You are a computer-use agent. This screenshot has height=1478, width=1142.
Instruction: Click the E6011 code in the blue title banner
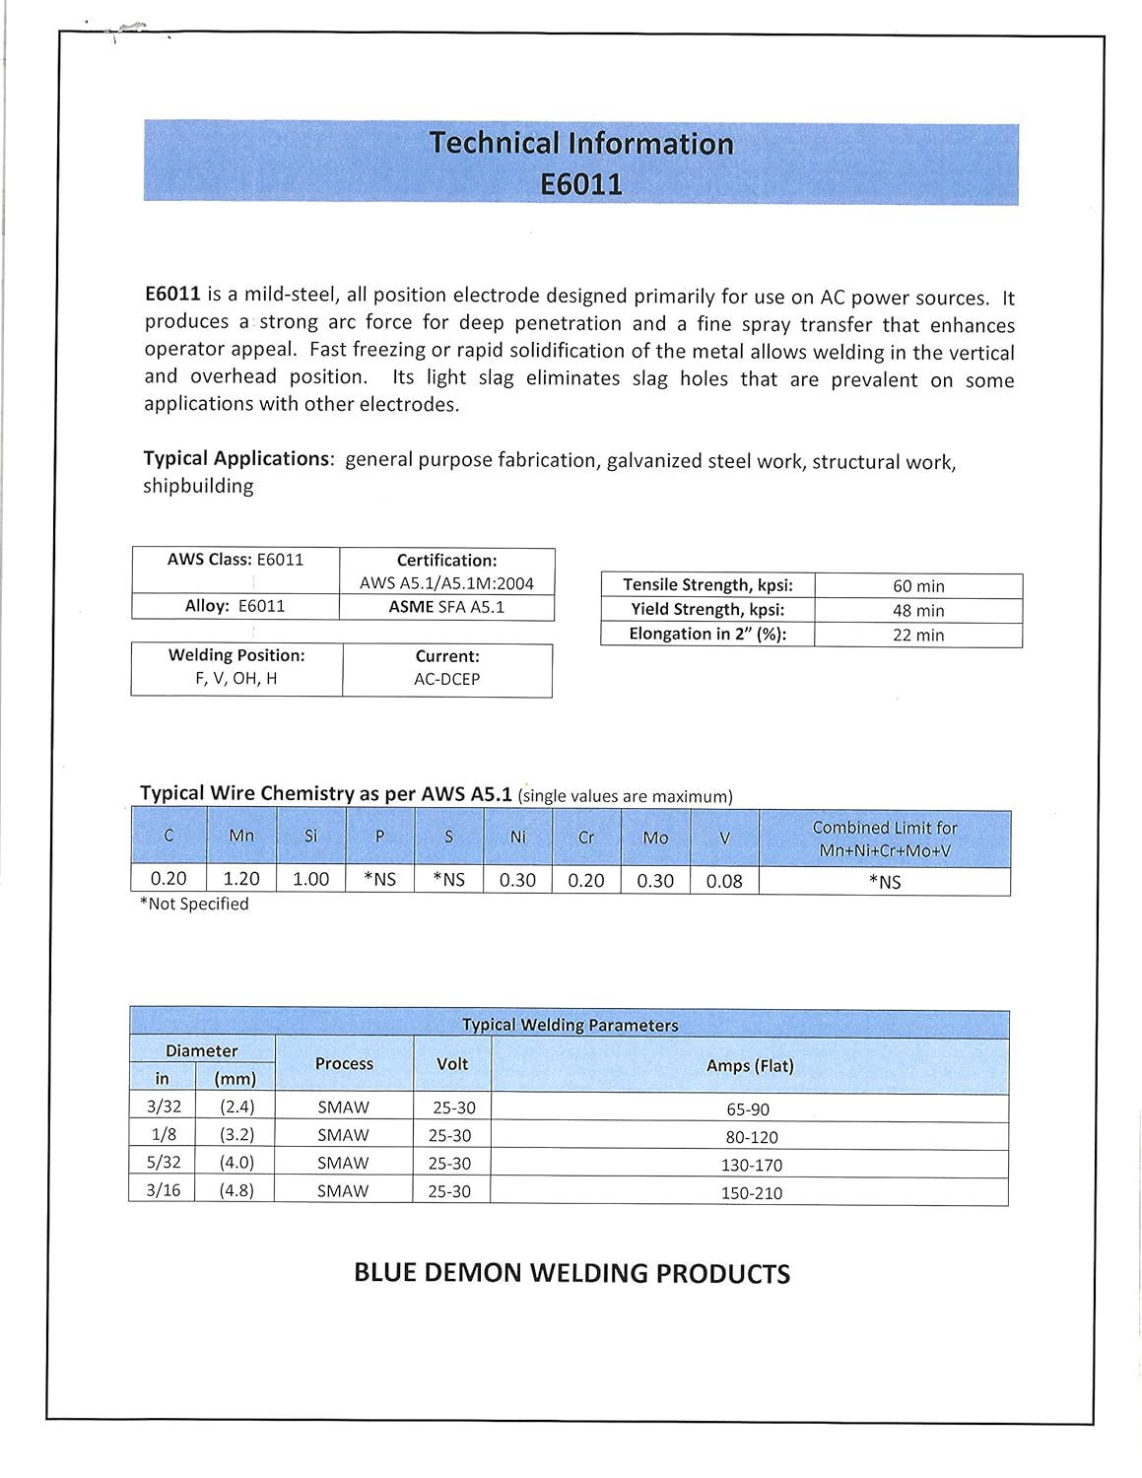pos(581,184)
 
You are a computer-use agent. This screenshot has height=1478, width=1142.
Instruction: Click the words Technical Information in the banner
pos(581,144)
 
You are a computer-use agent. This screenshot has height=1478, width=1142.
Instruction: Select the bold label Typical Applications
pos(236,458)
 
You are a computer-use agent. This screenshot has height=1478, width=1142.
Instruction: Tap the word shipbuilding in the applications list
pos(198,486)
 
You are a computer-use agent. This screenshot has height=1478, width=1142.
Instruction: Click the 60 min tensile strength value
pos(918,586)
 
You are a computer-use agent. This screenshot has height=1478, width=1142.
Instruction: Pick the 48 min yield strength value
pos(918,611)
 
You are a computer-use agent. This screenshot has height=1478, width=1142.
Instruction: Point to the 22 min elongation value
pos(918,636)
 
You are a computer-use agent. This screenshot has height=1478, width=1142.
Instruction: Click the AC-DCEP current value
pos(446,679)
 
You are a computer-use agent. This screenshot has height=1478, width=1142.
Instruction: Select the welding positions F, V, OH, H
pos(236,678)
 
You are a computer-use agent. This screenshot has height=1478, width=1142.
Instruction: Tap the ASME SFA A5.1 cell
pos(446,607)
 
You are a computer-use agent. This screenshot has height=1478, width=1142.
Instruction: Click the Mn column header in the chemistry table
pos(241,836)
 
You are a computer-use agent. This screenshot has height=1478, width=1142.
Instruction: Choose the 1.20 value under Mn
pos(241,879)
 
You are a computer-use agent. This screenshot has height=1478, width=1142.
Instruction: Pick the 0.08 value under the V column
pos(724,881)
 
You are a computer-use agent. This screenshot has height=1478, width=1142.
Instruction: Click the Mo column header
pos(655,838)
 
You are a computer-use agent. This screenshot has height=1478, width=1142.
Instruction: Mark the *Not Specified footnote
pos(194,904)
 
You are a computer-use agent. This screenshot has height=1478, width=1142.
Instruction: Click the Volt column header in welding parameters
pos(452,1064)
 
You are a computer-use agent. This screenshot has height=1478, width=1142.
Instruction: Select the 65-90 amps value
pos(748,1109)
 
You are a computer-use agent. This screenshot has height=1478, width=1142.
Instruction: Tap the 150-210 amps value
pos(751,1193)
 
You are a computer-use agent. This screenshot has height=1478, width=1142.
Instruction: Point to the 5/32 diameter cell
pos(164,1163)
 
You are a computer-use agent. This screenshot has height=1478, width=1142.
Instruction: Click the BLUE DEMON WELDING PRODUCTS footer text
pos(571,1273)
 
